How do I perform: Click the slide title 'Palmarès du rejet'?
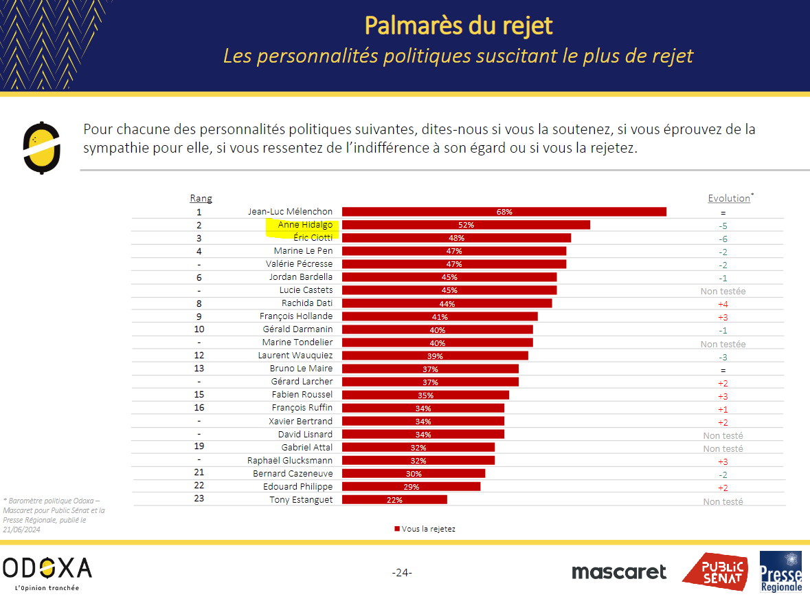[458, 25]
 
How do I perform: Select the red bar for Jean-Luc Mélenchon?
[504, 212]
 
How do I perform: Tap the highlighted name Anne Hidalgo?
[304, 225]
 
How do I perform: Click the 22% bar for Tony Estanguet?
[394, 500]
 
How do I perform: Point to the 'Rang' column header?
[201, 198]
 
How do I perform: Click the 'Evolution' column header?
[729, 198]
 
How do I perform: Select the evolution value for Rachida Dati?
[723, 304]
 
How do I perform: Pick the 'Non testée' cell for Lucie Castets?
[723, 291]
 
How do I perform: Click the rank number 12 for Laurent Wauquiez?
[199, 355]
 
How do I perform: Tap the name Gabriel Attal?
[306, 447]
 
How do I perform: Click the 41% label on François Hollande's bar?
[440, 317]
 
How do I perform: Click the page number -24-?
[401, 573]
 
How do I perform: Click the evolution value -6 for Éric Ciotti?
[723, 239]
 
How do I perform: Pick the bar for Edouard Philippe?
[411, 486]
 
